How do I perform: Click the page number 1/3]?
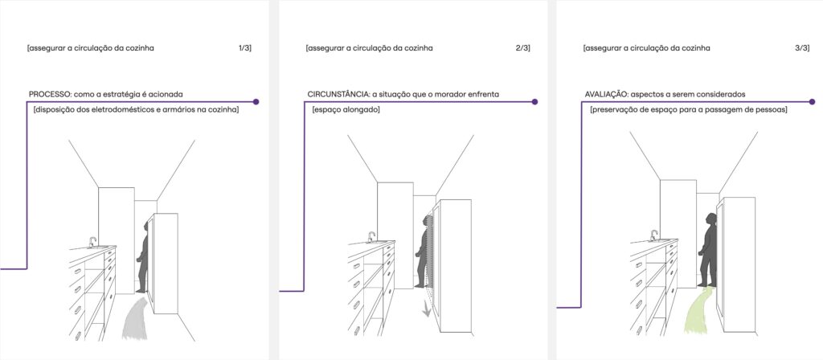(245, 48)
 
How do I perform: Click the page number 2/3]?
(522, 48)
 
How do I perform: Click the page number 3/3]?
(802, 48)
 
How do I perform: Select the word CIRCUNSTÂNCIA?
(338, 95)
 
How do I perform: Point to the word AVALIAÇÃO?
(605, 95)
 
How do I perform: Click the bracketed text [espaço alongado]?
(346, 110)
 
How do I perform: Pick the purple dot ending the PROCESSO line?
(256, 101)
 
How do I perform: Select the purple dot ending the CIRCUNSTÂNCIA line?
(534, 101)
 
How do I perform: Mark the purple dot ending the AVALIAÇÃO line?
(812, 101)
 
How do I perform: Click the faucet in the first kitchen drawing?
(93, 242)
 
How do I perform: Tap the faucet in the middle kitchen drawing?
(371, 237)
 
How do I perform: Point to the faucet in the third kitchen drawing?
(653, 235)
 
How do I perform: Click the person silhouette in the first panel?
(143, 257)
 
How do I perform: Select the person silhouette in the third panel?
(709, 249)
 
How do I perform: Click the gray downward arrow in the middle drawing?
(428, 311)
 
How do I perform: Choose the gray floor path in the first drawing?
(135, 318)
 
